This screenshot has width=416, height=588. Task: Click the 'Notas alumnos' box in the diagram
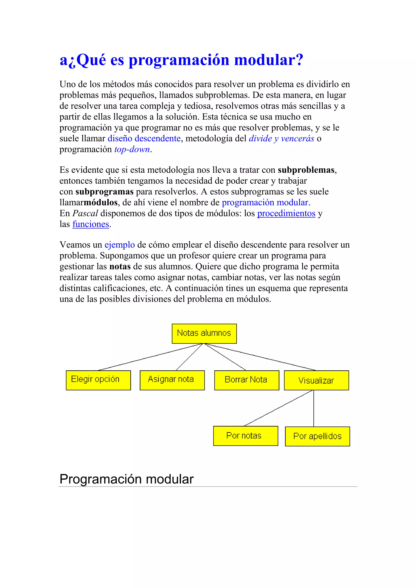tap(204, 333)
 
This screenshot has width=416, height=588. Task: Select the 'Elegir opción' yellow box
tap(98, 380)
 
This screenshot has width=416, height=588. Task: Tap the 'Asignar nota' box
tap(172, 380)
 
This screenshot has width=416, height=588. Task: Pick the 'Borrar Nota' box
tap(246, 380)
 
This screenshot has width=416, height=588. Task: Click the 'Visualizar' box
tap(316, 380)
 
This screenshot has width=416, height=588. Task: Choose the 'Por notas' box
tap(245, 436)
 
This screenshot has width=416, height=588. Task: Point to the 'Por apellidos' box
tap(317, 436)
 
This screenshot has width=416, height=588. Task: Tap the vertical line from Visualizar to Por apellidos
tap(314, 409)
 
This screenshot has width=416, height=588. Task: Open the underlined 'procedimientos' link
tap(286, 213)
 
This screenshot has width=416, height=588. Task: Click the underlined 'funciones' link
tap(91, 224)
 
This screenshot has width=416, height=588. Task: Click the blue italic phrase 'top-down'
tap(132, 149)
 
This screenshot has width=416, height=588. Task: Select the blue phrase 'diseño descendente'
tap(144, 138)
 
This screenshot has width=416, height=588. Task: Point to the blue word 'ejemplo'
tap(120, 245)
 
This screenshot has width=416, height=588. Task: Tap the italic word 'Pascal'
tap(85, 213)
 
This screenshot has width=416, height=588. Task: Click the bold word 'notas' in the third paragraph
tap(120, 267)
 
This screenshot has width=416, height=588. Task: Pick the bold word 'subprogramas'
tap(105, 191)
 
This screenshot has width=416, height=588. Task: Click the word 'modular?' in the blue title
tap(269, 60)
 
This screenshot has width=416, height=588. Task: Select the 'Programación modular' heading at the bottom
tap(127, 479)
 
